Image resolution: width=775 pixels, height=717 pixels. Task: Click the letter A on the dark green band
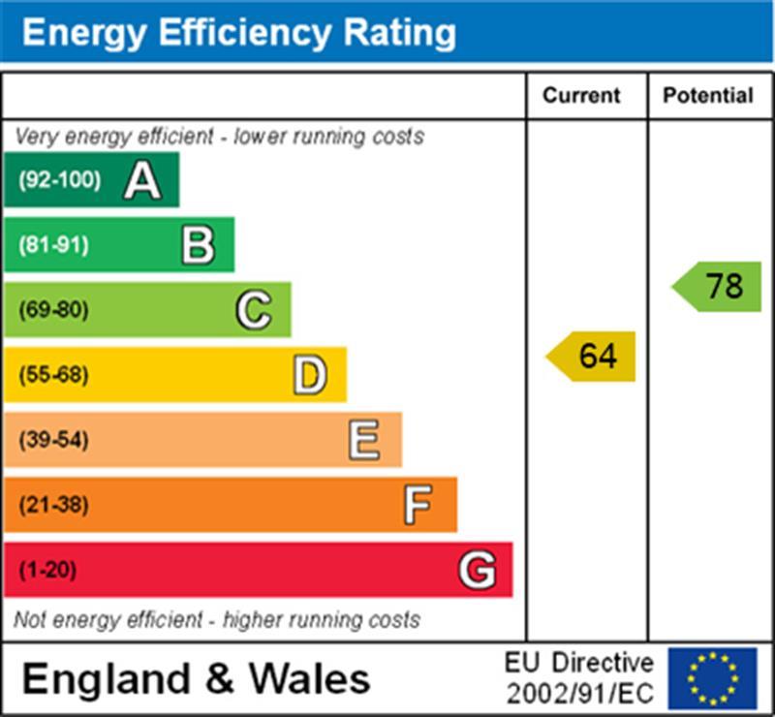point(141,180)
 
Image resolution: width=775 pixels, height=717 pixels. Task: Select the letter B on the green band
point(198,245)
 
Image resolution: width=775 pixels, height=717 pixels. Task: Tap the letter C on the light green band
point(254,310)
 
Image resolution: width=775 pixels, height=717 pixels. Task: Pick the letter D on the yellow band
point(309,375)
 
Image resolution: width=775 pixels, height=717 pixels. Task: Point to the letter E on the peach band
point(364,441)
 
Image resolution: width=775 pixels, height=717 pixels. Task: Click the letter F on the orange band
point(418,505)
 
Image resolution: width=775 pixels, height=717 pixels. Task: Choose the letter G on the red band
point(477,570)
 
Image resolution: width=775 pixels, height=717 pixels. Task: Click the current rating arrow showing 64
point(592,357)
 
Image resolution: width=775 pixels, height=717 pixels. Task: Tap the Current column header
point(581,96)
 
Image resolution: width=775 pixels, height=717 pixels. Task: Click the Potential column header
point(708,96)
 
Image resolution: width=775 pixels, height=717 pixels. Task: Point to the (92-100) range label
point(60,180)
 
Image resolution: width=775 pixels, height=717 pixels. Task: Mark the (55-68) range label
point(54,375)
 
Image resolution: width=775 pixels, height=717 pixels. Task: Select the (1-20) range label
point(47,570)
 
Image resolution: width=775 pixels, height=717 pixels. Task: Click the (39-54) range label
point(54,441)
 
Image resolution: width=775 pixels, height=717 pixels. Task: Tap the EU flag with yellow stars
point(712,678)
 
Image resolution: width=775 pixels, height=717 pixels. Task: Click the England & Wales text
point(196,678)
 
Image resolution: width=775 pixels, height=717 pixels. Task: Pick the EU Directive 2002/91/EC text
point(579,678)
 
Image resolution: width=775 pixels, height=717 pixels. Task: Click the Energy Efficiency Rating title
point(238,33)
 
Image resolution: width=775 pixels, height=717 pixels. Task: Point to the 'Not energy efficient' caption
point(217,619)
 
